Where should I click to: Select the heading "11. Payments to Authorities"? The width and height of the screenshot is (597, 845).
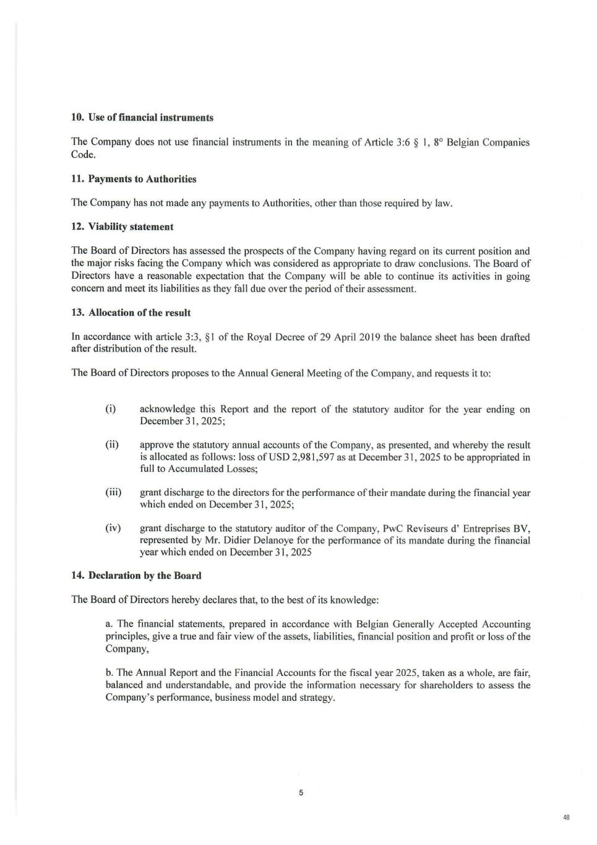134,179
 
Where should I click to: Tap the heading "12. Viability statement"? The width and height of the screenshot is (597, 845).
122,227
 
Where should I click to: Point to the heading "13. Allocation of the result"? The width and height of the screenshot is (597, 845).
131,313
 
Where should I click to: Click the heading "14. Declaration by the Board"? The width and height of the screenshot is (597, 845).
136,576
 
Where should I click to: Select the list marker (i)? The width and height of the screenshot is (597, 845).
111,409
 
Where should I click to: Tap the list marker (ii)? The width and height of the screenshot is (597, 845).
112,445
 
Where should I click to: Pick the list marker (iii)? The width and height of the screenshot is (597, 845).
113,493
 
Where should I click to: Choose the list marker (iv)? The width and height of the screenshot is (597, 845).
113,528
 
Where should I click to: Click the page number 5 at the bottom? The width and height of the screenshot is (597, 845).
301,792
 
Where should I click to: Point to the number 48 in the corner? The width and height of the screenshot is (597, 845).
566,818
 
